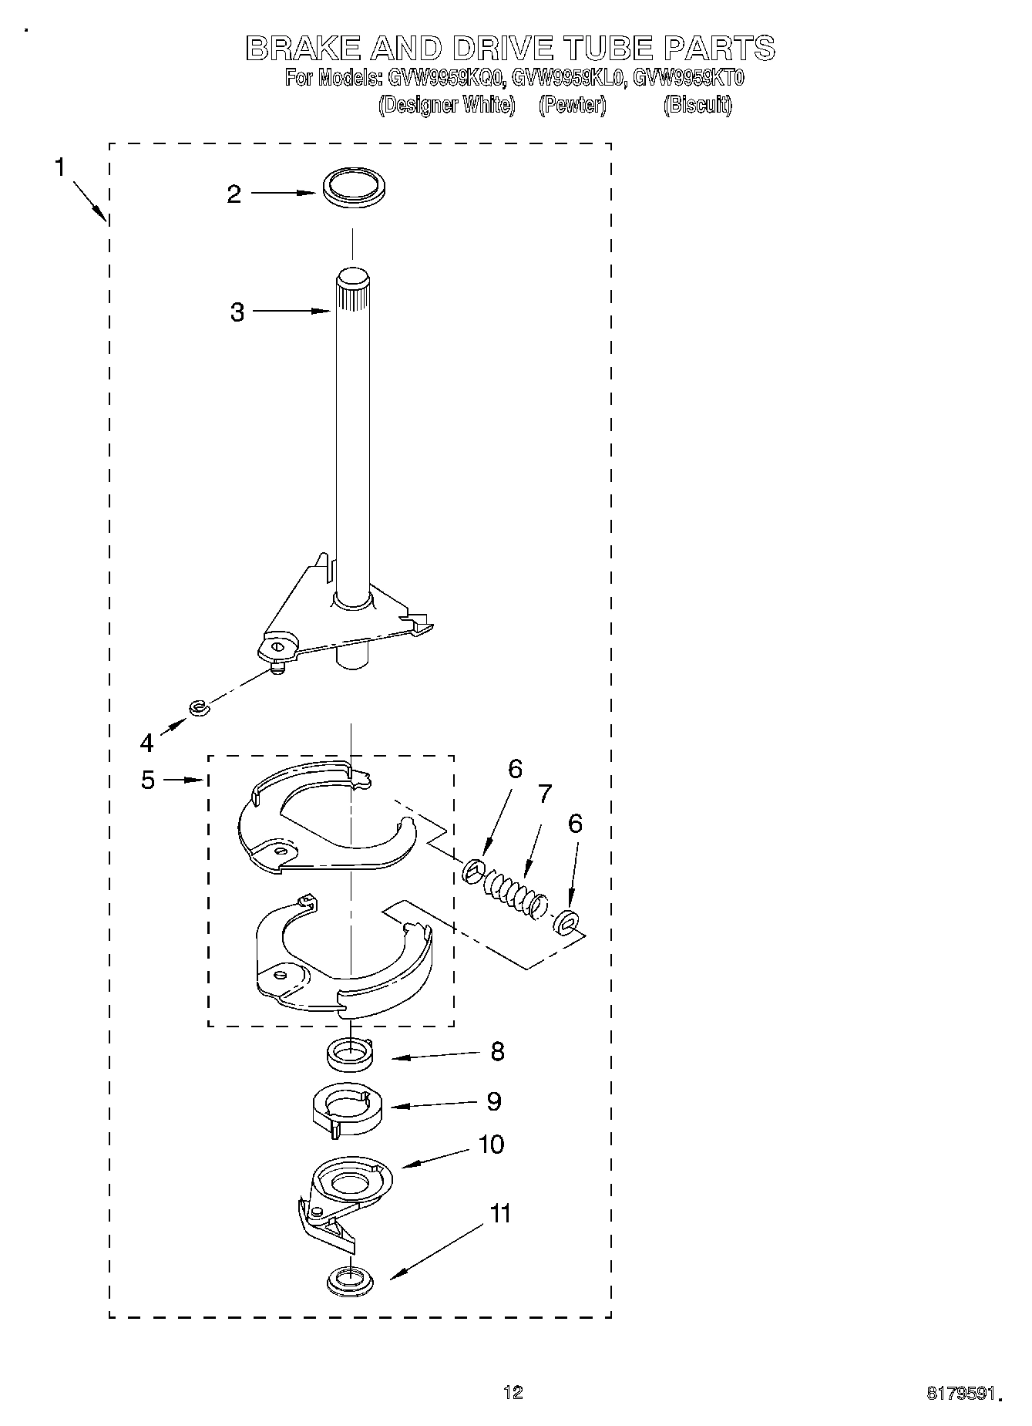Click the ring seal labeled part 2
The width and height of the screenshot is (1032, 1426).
click(353, 188)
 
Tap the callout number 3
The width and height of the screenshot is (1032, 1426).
click(237, 312)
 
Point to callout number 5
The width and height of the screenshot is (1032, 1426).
click(148, 780)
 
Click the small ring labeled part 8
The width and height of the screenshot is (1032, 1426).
click(351, 1054)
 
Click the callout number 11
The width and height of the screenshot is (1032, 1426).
click(500, 1214)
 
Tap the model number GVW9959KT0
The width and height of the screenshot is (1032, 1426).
click(687, 78)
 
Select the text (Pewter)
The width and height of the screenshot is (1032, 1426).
click(572, 105)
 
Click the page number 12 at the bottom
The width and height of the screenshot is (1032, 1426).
click(513, 1392)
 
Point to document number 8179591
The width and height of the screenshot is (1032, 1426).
click(963, 1393)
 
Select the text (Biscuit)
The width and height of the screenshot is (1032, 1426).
click(697, 105)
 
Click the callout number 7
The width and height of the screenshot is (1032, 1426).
click(544, 794)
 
